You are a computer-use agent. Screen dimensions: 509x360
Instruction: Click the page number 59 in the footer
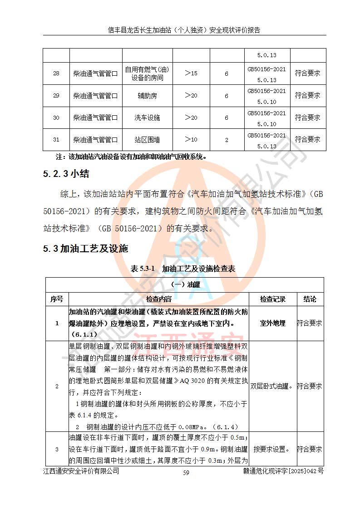point(186,473)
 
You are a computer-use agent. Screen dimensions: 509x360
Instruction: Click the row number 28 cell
point(56,73)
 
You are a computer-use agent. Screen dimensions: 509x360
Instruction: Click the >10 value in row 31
point(191,140)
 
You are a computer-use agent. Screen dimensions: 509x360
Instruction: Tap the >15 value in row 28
point(191,73)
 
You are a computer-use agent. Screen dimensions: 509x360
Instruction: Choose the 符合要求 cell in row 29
point(307,96)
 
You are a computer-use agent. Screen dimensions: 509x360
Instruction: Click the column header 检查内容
point(158,299)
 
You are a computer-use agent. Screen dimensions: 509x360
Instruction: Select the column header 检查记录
point(273,299)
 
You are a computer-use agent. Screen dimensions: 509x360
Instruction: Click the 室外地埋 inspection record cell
point(273,323)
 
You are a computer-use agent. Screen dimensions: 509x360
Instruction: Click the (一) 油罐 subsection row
point(184,285)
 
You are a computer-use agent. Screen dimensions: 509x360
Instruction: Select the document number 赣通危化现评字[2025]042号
point(283,471)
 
